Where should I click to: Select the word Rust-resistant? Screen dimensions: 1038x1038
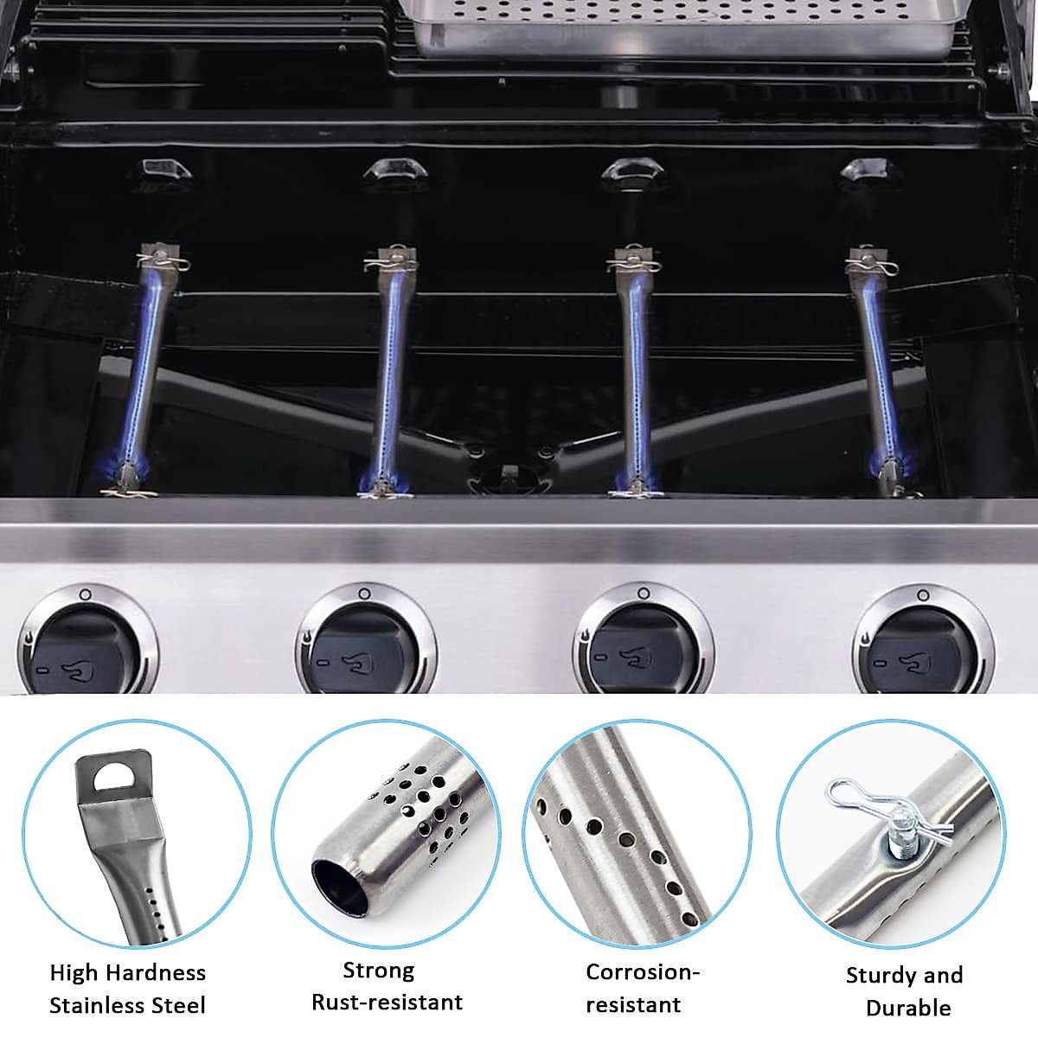point(387,1003)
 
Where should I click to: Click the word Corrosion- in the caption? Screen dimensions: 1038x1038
point(643,971)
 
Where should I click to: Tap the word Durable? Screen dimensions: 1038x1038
point(908,1008)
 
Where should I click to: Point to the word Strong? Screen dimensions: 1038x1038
point(379,971)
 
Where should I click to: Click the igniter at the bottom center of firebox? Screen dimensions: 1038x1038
point(509,474)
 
